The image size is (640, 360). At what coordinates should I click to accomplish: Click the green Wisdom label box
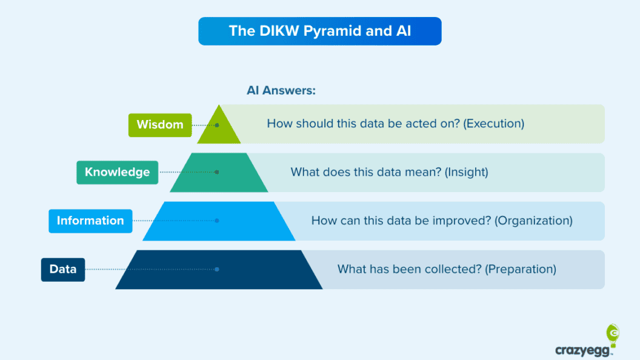160,125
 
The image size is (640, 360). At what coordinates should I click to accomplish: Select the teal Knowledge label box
117,172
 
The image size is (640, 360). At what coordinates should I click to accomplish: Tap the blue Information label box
90,221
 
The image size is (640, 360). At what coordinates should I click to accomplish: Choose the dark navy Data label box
63,269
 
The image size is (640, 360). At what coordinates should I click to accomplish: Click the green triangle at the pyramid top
219,127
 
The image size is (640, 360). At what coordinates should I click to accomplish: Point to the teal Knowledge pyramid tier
219,173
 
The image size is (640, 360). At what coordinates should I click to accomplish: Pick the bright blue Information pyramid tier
219,221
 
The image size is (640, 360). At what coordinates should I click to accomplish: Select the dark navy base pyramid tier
219,270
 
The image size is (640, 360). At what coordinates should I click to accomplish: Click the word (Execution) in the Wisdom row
493,124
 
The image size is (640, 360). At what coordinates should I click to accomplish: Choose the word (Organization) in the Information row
533,221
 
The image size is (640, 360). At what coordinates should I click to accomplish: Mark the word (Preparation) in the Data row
521,269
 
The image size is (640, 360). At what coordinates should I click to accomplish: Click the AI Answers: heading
281,90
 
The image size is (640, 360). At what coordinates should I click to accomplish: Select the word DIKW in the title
279,31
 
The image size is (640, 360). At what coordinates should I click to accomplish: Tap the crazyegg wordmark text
583,350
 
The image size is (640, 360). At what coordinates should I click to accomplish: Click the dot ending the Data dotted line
217,269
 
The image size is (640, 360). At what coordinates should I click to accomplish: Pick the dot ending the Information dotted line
217,221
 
